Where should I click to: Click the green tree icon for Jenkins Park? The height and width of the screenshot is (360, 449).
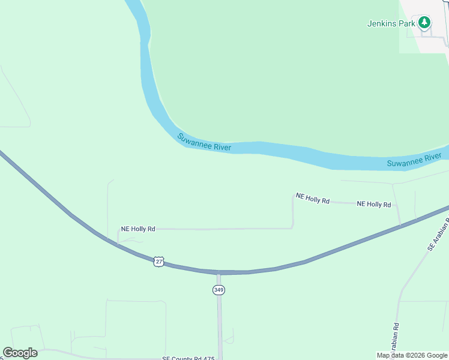click(424, 23)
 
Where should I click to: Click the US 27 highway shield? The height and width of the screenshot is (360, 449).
click(158, 262)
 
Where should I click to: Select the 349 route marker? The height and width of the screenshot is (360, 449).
click(218, 290)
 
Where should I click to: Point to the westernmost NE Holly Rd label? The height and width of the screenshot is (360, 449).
click(138, 229)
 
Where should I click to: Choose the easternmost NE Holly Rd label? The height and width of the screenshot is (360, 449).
click(374, 204)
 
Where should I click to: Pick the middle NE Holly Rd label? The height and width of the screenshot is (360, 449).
click(313, 199)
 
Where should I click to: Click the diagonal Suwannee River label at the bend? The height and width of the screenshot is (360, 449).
click(204, 142)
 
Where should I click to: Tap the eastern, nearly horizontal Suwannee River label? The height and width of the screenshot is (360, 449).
click(414, 160)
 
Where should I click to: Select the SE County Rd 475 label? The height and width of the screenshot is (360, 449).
click(188, 358)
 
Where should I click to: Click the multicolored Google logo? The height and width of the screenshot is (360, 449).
click(20, 353)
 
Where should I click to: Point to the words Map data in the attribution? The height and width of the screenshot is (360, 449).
click(391, 355)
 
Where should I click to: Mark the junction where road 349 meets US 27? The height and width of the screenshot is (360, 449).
click(218, 273)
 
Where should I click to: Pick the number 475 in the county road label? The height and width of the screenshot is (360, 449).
click(208, 358)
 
